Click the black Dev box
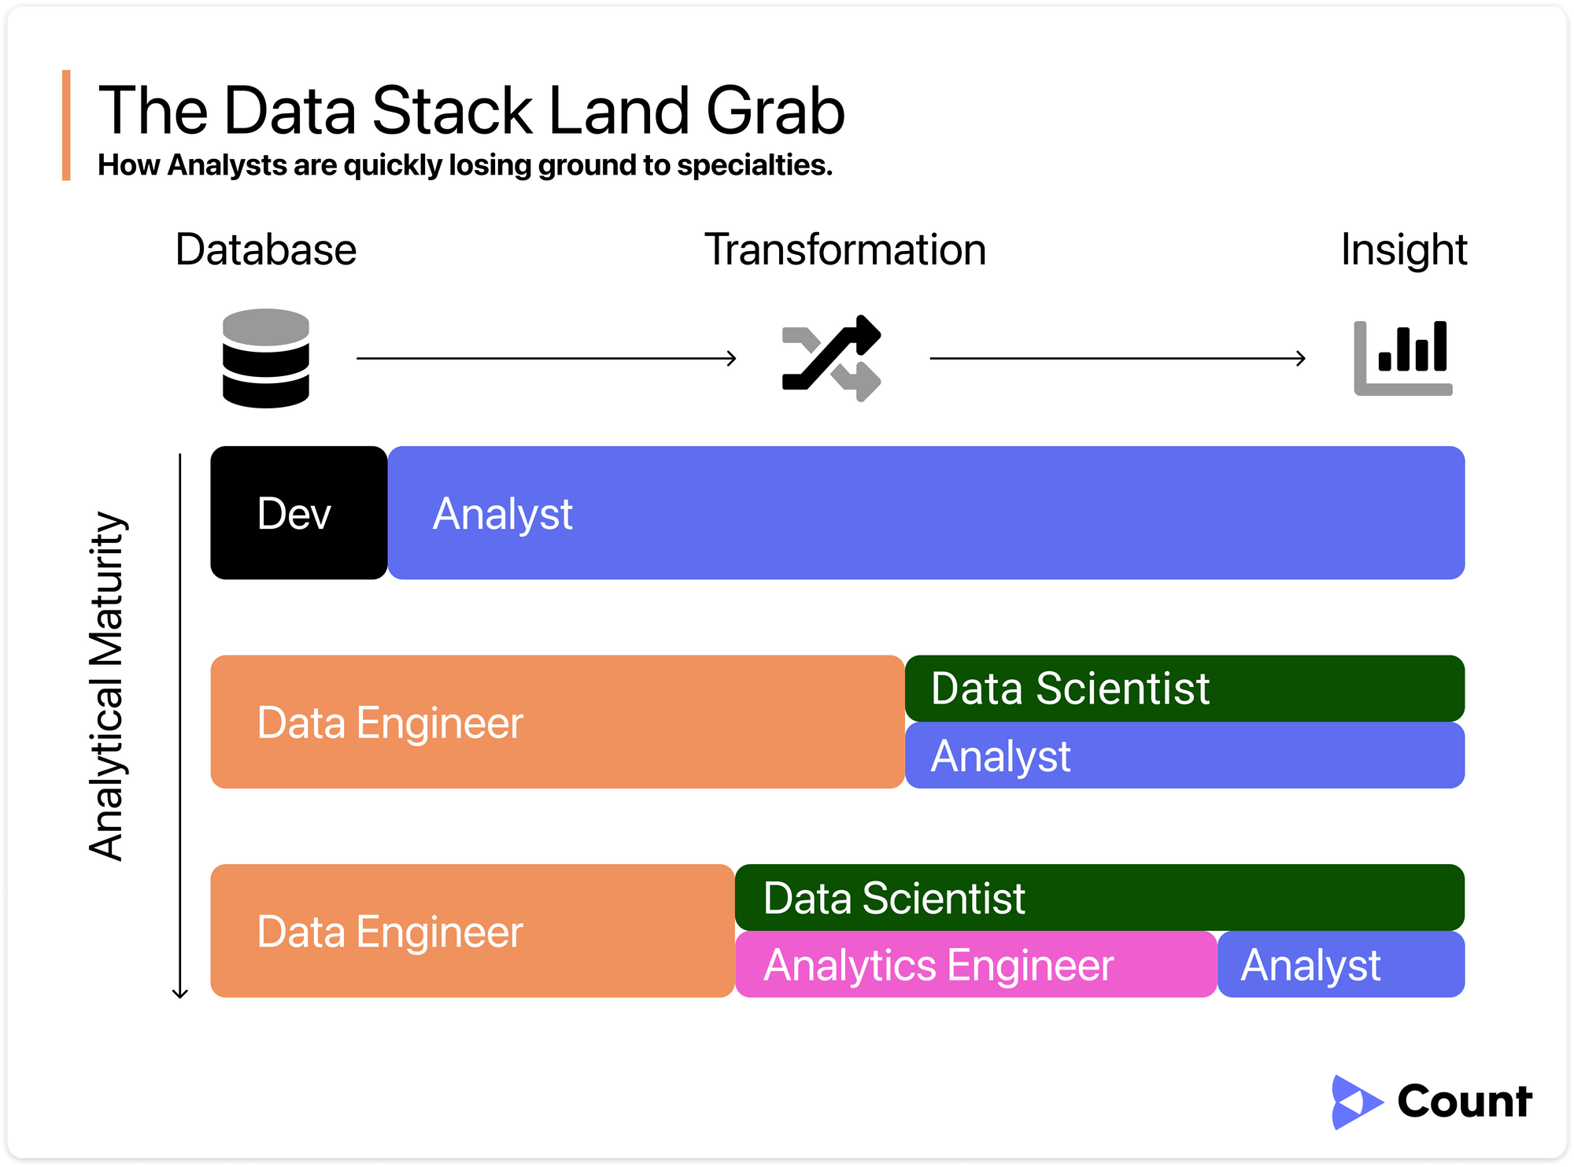click(299, 513)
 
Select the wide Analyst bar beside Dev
click(926, 513)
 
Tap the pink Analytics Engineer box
click(977, 965)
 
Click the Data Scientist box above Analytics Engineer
click(1100, 898)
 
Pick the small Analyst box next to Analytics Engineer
click(1342, 965)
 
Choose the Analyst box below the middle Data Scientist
click(1185, 755)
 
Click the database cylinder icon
click(266, 358)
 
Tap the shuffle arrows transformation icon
click(832, 358)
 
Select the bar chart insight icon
click(1403, 358)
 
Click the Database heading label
click(266, 249)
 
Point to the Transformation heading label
click(845, 249)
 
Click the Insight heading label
click(1404, 250)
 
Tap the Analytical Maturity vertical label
click(107, 686)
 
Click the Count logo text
click(1465, 1101)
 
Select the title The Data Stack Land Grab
click(471, 110)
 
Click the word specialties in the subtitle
click(754, 165)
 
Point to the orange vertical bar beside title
click(66, 125)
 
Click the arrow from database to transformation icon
click(547, 359)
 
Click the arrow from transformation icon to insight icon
click(1118, 359)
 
